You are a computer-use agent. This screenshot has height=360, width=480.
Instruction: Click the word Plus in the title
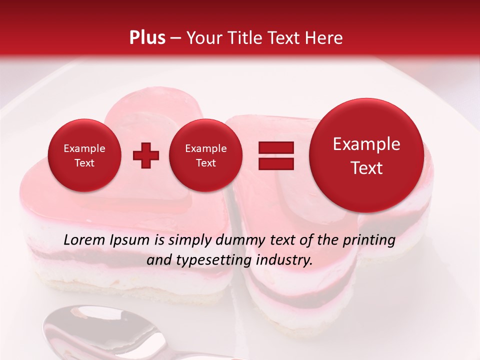[147, 38]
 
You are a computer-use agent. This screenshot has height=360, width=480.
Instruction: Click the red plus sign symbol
[145, 155]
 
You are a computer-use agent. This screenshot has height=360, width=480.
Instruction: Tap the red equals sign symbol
[276, 155]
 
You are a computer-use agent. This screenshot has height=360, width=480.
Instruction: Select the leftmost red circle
[84, 155]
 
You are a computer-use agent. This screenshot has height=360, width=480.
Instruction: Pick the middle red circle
[205, 155]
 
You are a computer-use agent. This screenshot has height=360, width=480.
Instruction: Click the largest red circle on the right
[366, 155]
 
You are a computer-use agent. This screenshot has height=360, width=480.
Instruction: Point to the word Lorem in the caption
[84, 240]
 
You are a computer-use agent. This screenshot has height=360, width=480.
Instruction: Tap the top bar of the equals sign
[276, 147]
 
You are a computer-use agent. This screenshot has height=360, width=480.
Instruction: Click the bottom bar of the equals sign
[276, 163]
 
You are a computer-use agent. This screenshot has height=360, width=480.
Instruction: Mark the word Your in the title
[202, 38]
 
